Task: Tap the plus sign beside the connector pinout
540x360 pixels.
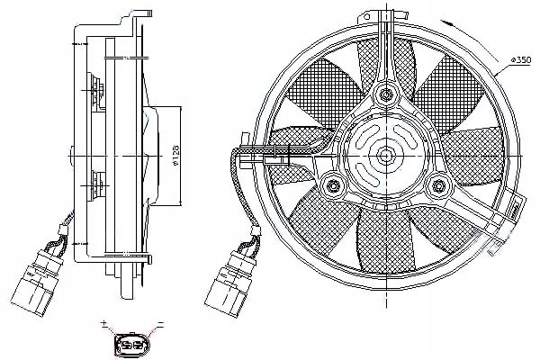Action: (105, 323)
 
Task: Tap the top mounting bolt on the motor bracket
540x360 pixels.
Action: (387, 93)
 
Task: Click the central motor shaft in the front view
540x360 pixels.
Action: (387, 155)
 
